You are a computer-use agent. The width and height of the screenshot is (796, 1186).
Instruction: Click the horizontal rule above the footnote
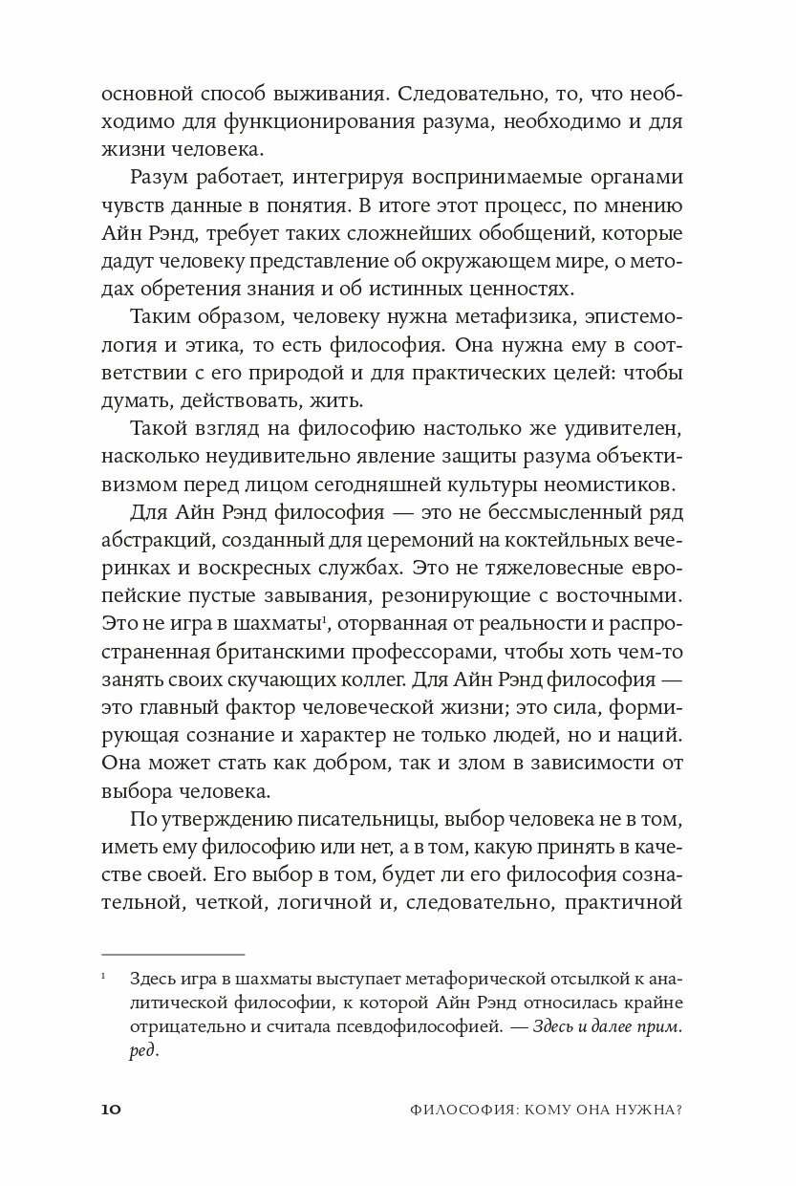pyautogui.click(x=173, y=953)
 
